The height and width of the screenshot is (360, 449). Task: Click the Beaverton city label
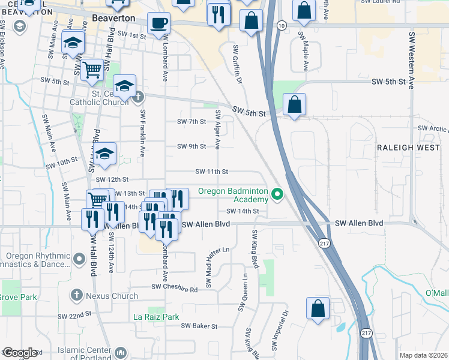point(114,19)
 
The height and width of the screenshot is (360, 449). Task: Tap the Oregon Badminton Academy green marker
point(277,194)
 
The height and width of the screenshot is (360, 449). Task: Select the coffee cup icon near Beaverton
point(158,24)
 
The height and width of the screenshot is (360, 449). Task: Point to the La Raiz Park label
point(156,316)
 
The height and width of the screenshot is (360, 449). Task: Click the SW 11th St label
point(211,172)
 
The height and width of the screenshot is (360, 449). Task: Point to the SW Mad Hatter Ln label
point(209,267)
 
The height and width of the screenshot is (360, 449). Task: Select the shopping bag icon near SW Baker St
point(318,308)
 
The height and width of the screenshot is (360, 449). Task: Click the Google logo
point(19,353)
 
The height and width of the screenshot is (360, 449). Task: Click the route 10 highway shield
point(282,25)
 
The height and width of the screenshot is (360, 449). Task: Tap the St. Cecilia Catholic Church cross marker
point(138,96)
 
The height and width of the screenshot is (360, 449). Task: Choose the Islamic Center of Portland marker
point(121,352)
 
